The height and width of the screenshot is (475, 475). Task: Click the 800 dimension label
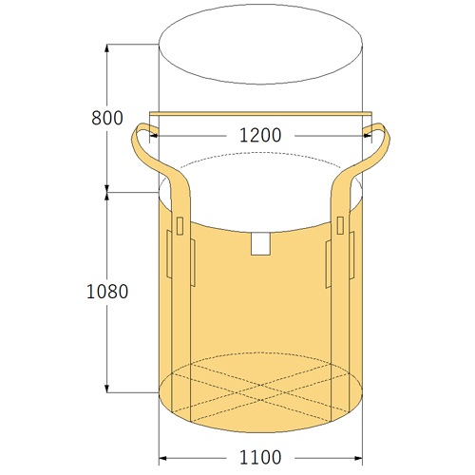point(107,118)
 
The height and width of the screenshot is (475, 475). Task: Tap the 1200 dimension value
point(260,136)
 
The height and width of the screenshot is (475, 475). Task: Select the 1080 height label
point(107,292)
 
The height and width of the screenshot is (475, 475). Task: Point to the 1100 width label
point(260,457)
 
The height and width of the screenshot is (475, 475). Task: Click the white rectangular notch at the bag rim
point(260,244)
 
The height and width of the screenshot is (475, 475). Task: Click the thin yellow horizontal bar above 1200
point(260,114)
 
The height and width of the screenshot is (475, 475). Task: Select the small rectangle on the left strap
point(180,226)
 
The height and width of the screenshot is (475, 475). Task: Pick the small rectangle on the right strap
point(340,225)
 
